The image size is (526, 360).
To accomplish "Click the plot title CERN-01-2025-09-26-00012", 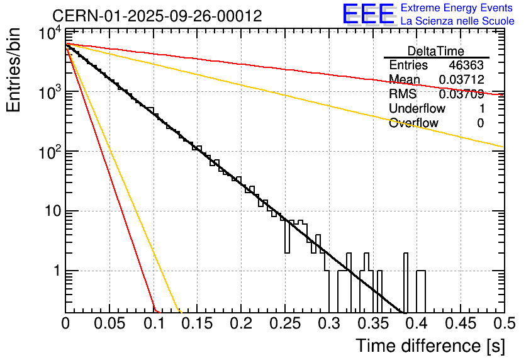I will pyautogui.click(x=157, y=16).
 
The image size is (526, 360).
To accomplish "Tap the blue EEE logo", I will pyautogui.click(x=368, y=14).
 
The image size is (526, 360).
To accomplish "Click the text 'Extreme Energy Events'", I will pyautogui.click(x=457, y=8).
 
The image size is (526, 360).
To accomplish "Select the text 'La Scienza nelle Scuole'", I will pyautogui.click(x=457, y=21).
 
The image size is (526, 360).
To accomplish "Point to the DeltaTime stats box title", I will pyautogui.click(x=436, y=51).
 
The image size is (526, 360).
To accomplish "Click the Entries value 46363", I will pyautogui.click(x=466, y=65).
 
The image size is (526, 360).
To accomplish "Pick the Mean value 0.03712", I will pyautogui.click(x=461, y=80).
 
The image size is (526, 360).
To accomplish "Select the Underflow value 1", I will pyautogui.click(x=481, y=108).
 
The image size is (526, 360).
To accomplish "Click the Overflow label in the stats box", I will pyautogui.click(x=413, y=123).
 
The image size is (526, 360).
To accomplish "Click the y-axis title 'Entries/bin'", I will pyautogui.click(x=14, y=70).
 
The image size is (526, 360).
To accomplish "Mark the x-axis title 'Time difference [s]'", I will pyautogui.click(x=429, y=346).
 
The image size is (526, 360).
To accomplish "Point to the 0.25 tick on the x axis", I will pyautogui.click(x=285, y=323).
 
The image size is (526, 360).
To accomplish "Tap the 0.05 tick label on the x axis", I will pyautogui.click(x=109, y=323).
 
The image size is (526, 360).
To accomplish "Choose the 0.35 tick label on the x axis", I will pyautogui.click(x=372, y=323).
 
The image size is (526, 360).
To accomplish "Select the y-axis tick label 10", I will pyautogui.click(x=50, y=211).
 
